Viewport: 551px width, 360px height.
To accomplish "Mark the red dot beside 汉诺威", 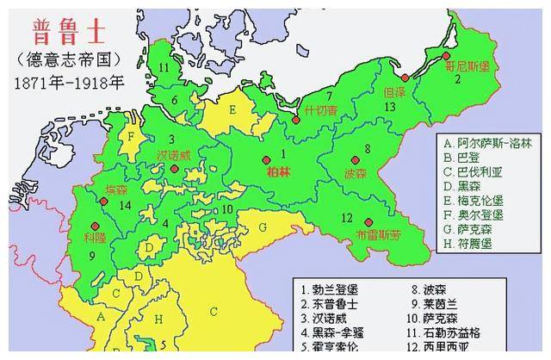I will point(174,170).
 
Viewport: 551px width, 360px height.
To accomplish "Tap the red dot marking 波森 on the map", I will point(353,160).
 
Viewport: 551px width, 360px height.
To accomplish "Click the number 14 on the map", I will point(127,205).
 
